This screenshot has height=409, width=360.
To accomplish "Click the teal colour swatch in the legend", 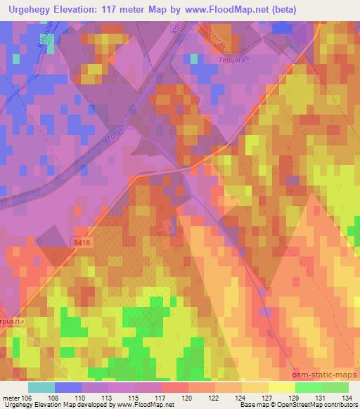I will tap(41, 387).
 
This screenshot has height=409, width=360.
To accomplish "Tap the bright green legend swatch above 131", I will tap(308, 387).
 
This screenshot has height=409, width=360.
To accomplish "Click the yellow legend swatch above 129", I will tap(281, 387).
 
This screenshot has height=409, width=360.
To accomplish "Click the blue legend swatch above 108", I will tap(67, 387).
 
